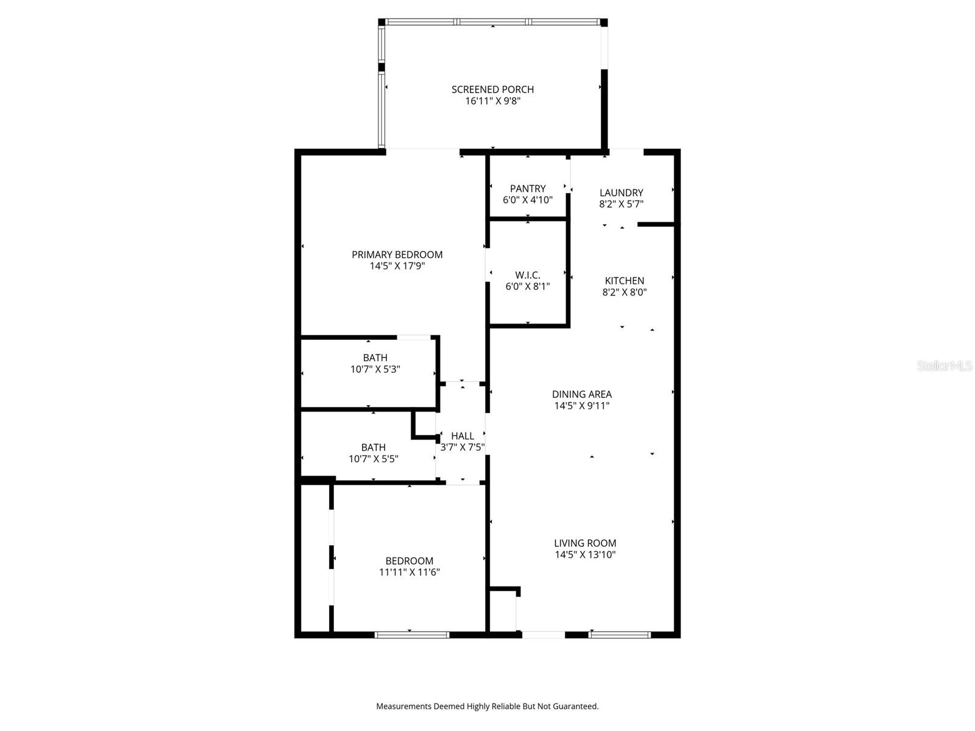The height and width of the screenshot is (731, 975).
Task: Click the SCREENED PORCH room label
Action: tap(492, 90)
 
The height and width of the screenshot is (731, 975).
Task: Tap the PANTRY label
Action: tap(528, 189)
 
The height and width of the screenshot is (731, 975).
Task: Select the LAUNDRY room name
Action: tap(621, 192)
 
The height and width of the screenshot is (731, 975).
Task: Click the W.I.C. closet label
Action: tap(528, 275)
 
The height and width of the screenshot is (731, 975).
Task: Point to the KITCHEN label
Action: tap(624, 281)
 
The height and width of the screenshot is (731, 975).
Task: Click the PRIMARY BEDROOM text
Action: tap(397, 255)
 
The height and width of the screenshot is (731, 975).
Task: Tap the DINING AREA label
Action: tap(581, 394)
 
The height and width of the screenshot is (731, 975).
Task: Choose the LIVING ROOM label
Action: tap(585, 543)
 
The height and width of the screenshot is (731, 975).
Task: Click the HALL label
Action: tap(463, 436)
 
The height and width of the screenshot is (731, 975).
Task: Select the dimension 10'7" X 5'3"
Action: tap(375, 369)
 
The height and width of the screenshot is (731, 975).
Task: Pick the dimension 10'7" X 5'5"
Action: tap(373, 459)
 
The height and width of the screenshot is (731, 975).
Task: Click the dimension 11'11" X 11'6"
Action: tap(409, 572)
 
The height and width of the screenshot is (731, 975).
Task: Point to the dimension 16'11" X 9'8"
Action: tap(492, 101)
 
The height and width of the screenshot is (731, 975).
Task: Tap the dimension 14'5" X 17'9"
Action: tap(397, 266)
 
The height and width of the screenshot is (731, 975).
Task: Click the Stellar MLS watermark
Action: tap(945, 366)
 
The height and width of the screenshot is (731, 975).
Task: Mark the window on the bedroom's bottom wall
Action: tap(412, 635)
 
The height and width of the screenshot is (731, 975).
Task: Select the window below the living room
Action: tap(620, 635)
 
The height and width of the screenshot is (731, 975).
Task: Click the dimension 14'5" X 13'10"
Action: tap(585, 554)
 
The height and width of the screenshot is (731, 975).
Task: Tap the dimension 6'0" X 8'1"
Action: tap(528, 286)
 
